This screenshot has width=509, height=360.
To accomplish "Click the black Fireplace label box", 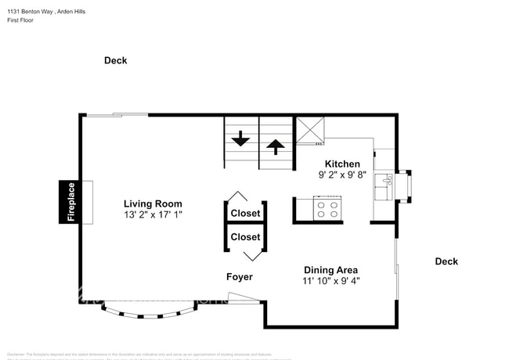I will [x=70, y=202].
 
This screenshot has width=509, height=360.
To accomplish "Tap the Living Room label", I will [x=153, y=203].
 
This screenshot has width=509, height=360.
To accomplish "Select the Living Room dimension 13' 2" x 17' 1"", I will [x=153, y=214].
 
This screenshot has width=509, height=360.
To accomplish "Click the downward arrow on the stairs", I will [x=240, y=142].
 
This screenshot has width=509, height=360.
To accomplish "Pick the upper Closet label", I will [x=245, y=213].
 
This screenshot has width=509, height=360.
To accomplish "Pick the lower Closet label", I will [x=245, y=236].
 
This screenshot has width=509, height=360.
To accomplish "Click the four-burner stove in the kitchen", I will [x=327, y=209].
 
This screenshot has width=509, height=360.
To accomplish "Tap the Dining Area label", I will [x=331, y=270].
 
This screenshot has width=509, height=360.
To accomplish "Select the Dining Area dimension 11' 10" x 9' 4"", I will [x=331, y=280].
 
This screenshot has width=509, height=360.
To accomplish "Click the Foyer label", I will [x=240, y=277].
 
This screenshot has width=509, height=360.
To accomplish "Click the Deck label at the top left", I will [x=116, y=60].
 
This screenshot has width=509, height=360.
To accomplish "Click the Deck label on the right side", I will [x=446, y=261].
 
